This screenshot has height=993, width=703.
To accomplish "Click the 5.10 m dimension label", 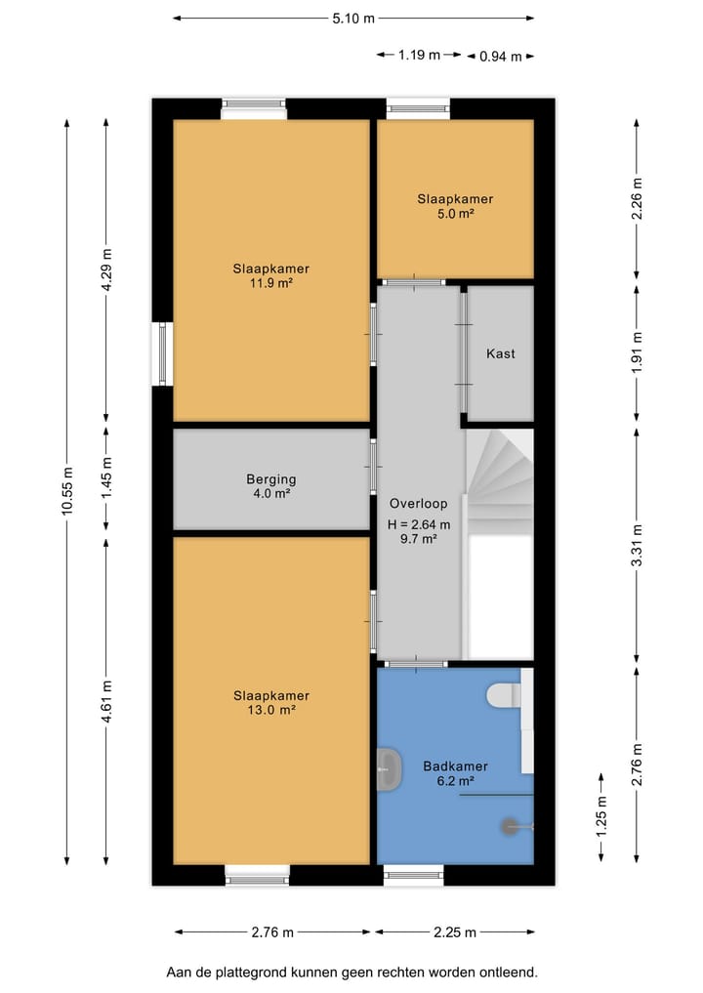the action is tap(353, 19).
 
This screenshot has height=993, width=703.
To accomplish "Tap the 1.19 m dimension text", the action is tap(419, 55).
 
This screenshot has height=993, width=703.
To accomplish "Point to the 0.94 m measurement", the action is tap(500, 57).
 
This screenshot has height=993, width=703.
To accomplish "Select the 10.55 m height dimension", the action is tap(67, 491).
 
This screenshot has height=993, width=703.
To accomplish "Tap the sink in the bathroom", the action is tap(389, 768).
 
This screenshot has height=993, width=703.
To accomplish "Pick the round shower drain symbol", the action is tap(510, 826).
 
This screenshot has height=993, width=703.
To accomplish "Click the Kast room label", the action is tap(500, 353).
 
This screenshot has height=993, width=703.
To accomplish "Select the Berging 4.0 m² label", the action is tap(271, 486).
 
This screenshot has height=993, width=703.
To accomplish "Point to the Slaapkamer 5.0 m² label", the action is tap(455, 206).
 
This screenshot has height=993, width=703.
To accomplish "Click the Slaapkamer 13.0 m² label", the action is tap(271, 702).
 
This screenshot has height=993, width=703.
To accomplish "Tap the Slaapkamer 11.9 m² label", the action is tap(271, 275).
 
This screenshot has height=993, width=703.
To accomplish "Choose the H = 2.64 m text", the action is tap(419, 524).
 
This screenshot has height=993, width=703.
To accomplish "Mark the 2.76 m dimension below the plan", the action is tap(272, 932).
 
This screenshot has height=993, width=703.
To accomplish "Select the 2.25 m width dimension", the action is tap(455, 932).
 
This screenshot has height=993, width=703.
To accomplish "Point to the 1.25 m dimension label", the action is tap(601, 817).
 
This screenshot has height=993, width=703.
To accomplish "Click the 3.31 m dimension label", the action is tap(638, 545).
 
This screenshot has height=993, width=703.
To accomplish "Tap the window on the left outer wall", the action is tap(162, 353).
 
